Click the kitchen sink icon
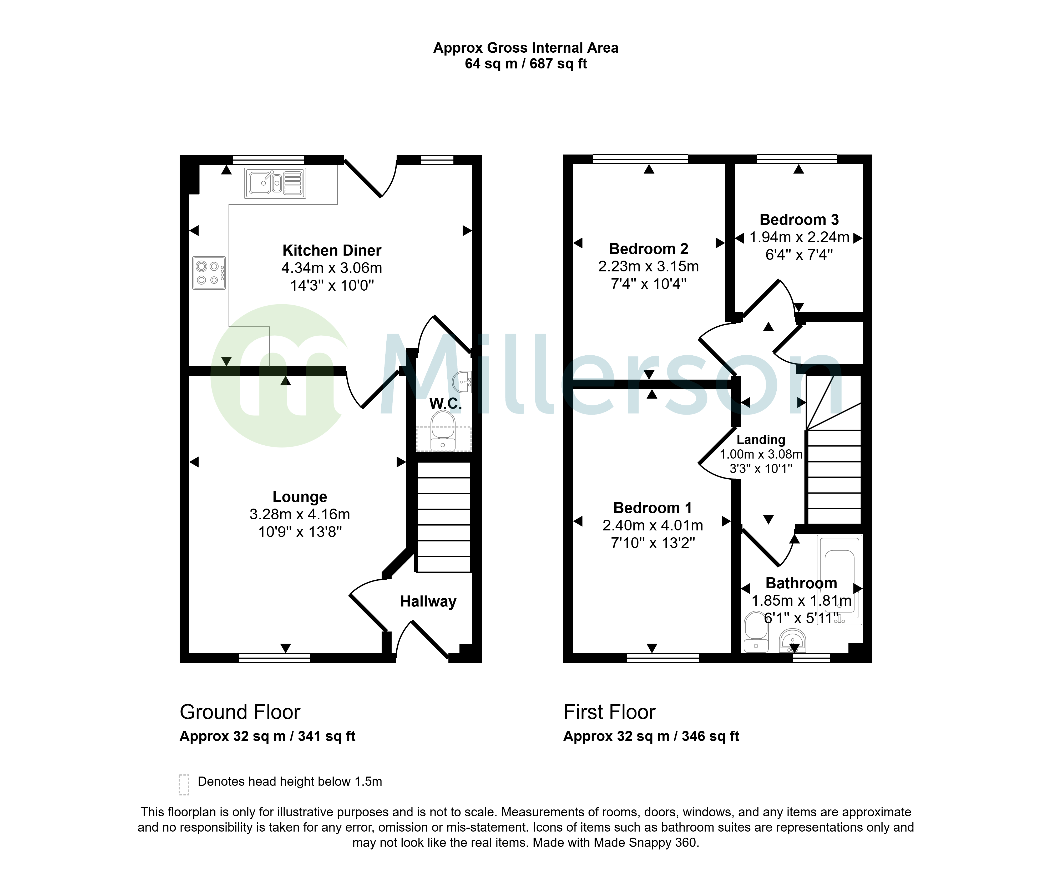(275, 183)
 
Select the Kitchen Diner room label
(332, 250)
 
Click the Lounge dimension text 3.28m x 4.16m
(300, 514)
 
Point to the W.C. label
(445, 404)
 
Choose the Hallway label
(428, 601)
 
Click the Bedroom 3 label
(799, 220)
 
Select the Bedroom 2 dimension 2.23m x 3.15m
(648, 266)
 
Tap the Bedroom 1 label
(653, 508)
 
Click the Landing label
(761, 440)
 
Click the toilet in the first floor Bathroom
(756, 633)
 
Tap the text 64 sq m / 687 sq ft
(526, 64)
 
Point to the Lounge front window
(274, 658)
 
